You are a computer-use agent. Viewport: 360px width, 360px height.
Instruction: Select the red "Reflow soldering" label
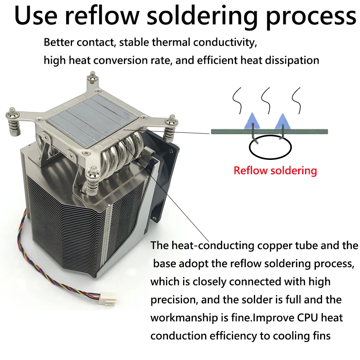click(275, 171)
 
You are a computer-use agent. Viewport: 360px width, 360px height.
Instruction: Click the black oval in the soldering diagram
click(270, 147)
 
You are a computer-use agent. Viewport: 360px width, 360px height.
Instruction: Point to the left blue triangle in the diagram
click(252, 120)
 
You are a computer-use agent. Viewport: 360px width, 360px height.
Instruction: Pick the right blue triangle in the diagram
click(283, 121)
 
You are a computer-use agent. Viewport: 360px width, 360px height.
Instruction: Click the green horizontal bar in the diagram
click(269, 132)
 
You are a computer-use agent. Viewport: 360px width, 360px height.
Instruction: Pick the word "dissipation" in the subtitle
click(292, 61)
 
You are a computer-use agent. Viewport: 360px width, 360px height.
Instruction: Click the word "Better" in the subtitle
click(59, 42)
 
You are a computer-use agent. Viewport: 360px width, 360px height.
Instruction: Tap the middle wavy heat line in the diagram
click(266, 101)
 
